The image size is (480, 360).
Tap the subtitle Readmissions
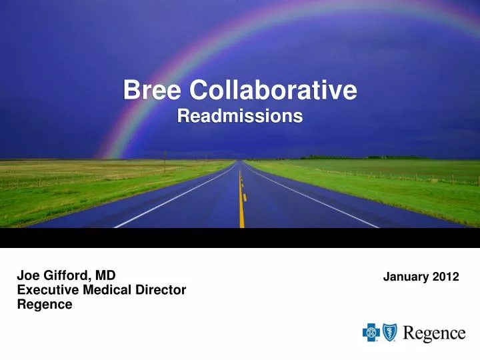[240, 117]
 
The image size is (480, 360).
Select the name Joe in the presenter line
[27, 275]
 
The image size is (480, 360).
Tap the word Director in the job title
[162, 290]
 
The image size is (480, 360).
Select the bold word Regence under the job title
[44, 305]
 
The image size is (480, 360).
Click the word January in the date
[406, 277]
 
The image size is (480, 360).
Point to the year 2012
[445, 277]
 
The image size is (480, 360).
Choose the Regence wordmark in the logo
[434, 333]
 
